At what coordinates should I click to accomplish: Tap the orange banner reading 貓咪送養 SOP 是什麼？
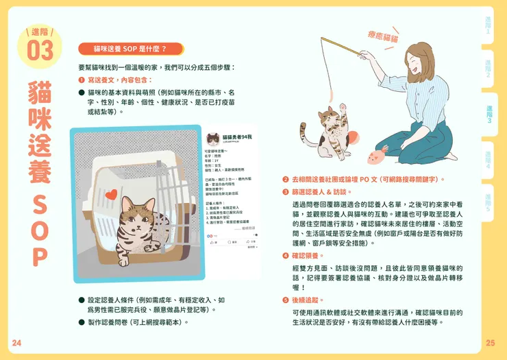(x=130, y=49)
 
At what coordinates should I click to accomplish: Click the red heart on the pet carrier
(x=108, y=194)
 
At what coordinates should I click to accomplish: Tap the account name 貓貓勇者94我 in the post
(x=237, y=137)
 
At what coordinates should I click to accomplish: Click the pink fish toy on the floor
(x=377, y=155)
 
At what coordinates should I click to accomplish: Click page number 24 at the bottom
(x=16, y=342)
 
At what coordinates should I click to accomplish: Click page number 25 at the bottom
(x=490, y=342)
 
